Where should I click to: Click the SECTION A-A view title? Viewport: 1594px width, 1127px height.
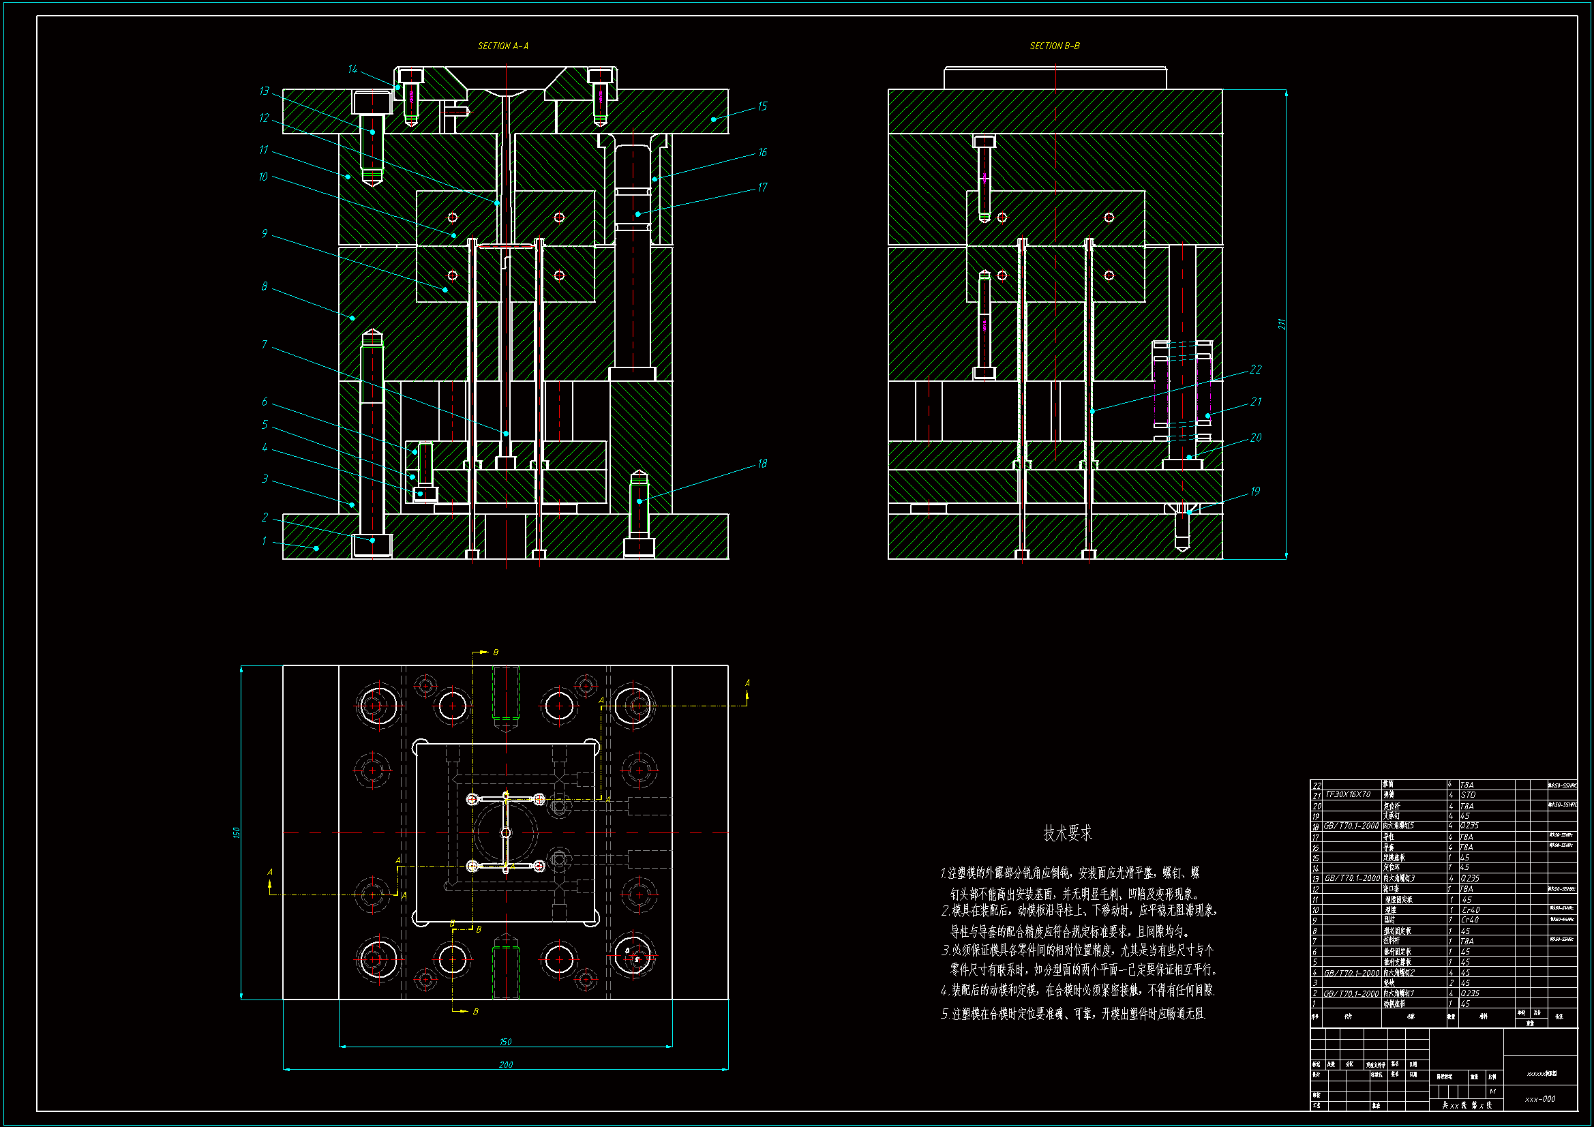pyautogui.click(x=502, y=46)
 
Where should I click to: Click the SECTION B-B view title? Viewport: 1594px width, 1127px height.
pyautogui.click(x=1054, y=46)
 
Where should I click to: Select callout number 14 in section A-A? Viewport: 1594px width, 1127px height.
pyautogui.click(x=352, y=69)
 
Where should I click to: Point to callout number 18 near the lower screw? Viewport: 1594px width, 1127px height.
pyautogui.click(x=762, y=463)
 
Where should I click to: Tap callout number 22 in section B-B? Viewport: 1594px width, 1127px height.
pyautogui.click(x=1255, y=369)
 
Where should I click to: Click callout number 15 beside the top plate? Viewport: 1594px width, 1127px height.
pyautogui.click(x=762, y=106)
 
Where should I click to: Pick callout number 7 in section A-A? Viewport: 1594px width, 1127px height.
pyautogui.click(x=265, y=344)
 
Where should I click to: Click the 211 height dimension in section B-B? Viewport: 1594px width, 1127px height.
pyautogui.click(x=1282, y=324)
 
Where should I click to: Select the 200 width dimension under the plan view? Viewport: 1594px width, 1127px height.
pyautogui.click(x=505, y=1064)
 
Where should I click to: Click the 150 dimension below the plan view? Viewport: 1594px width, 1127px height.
pyautogui.click(x=505, y=1042)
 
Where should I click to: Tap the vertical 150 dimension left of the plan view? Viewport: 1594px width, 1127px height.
pyautogui.click(x=236, y=832)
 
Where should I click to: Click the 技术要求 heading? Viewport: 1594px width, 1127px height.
pyautogui.click(x=1067, y=833)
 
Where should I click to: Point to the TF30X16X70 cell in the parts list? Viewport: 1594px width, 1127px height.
pyautogui.click(x=1348, y=794)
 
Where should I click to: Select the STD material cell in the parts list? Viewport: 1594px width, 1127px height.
pyautogui.click(x=1468, y=795)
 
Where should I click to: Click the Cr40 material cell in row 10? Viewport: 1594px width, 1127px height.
pyautogui.click(x=1471, y=910)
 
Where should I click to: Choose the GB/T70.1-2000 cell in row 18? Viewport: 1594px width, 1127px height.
pyautogui.click(x=1351, y=826)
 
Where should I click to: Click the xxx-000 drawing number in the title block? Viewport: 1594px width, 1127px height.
pyautogui.click(x=1540, y=1099)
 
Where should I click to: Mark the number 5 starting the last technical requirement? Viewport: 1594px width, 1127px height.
pyautogui.click(x=944, y=1015)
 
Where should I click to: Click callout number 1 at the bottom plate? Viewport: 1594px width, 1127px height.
pyautogui.click(x=265, y=540)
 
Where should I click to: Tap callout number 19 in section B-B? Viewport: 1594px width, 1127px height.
pyautogui.click(x=1255, y=491)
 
